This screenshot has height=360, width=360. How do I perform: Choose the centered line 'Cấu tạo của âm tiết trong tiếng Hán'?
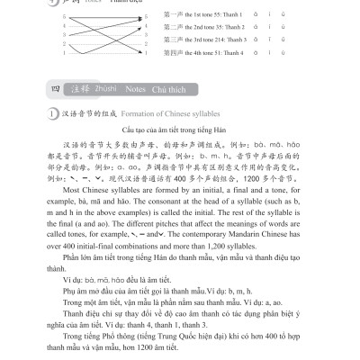(180, 132)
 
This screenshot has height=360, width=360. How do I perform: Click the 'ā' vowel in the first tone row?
(271, 15)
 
